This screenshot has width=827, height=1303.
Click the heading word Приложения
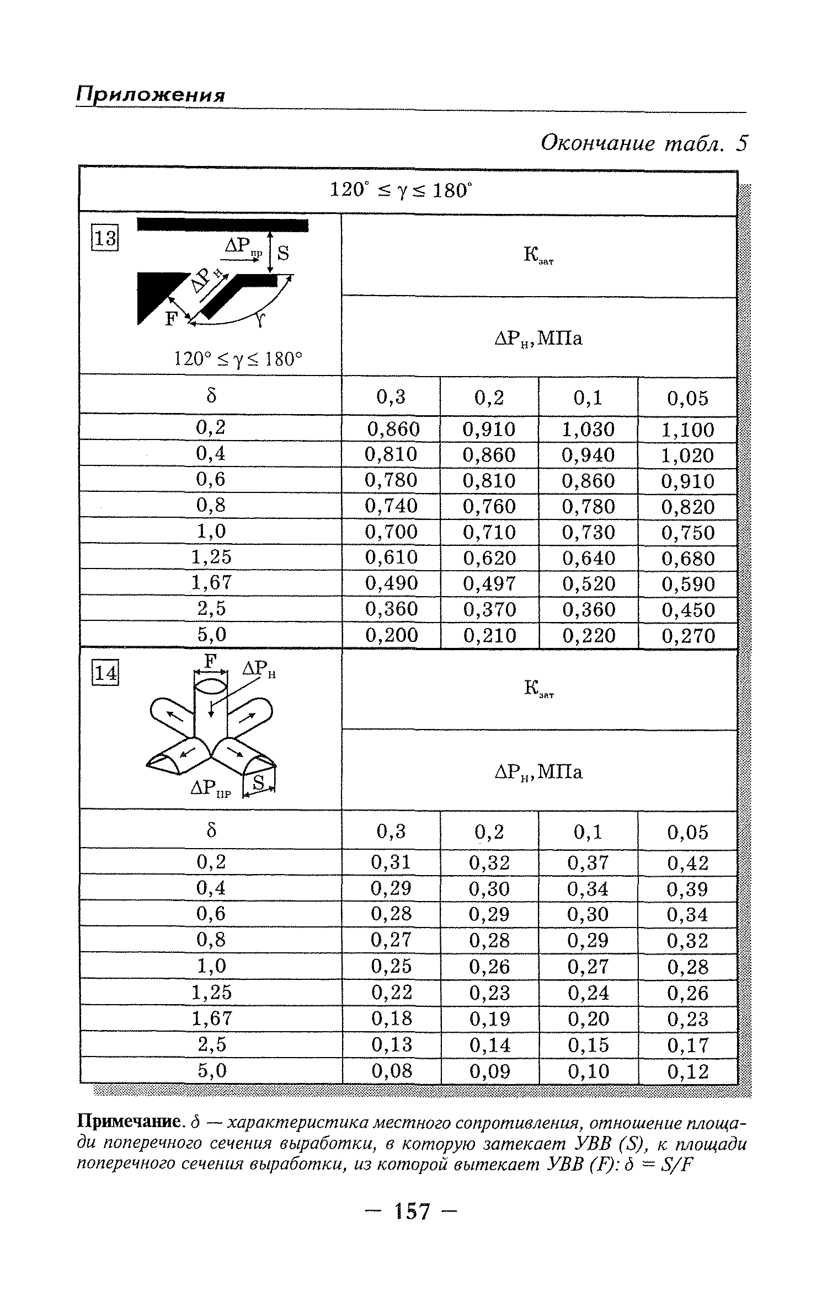[151, 94]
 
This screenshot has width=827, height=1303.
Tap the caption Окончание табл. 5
[643, 143]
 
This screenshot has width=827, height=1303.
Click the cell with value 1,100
[688, 430]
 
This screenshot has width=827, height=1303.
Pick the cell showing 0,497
[489, 583]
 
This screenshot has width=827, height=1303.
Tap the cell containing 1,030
[588, 429]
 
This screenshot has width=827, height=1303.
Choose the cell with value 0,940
[588, 455]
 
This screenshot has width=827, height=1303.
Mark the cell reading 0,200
[392, 635]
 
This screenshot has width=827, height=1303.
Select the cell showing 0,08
[392, 1070]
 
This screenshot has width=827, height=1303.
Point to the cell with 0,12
[687, 1071]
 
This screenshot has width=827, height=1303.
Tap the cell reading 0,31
[392, 862]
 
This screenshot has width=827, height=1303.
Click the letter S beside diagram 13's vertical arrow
[284, 253]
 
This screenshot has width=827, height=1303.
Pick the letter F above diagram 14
[209, 662]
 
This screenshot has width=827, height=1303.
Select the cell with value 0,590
[688, 584]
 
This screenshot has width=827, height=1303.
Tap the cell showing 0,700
[392, 532]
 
